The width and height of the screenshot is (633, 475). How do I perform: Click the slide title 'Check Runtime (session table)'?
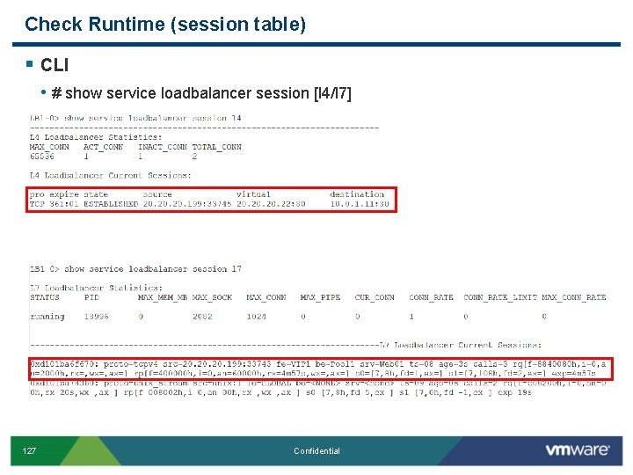click(x=165, y=25)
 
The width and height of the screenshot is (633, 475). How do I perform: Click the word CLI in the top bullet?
click(x=55, y=65)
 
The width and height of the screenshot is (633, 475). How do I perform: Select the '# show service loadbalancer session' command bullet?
click(x=201, y=93)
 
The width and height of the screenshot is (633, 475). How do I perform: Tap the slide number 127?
click(x=29, y=451)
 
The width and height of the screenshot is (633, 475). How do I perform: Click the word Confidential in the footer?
click(x=316, y=451)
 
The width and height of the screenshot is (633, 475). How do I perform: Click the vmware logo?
click(x=578, y=450)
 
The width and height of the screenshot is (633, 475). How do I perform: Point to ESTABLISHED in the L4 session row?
click(x=111, y=203)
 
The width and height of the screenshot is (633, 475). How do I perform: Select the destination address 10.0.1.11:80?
click(x=360, y=203)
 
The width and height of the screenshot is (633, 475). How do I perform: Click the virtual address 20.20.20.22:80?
click(x=271, y=203)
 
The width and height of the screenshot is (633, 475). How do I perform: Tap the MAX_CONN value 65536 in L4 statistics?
click(x=42, y=156)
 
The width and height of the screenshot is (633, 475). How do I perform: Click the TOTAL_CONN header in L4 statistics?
click(x=216, y=147)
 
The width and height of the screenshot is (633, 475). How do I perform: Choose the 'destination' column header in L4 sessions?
click(x=357, y=194)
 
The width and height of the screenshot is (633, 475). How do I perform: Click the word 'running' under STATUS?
click(x=47, y=316)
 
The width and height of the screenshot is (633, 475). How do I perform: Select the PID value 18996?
click(x=97, y=316)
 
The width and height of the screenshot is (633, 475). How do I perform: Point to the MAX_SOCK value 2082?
click(x=202, y=316)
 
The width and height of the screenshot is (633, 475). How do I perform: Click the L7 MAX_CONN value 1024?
click(x=257, y=316)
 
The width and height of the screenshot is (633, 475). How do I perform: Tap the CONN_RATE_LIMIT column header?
click(x=498, y=297)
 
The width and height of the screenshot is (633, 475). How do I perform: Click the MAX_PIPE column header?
click(x=320, y=297)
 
